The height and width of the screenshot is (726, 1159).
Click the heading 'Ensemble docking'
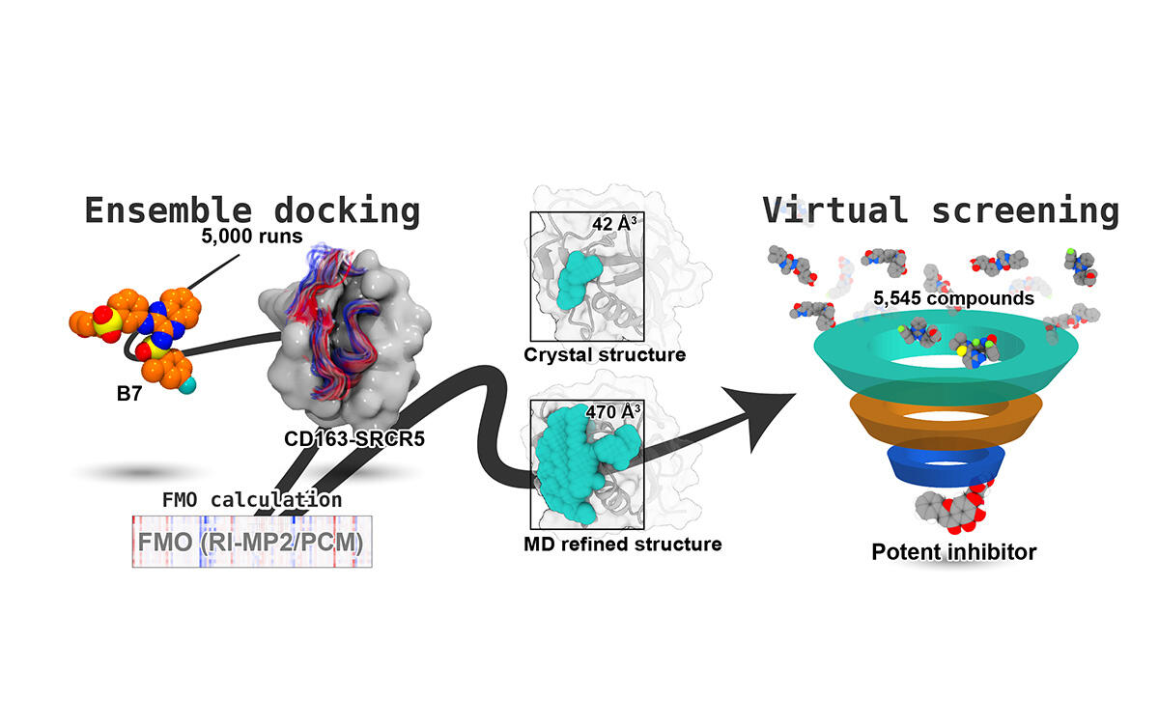pos(251,211)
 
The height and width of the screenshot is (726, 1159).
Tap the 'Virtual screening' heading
pos(940,209)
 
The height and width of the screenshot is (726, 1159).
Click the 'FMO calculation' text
pos(251,500)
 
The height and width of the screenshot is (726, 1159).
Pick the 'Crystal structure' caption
pos(605,354)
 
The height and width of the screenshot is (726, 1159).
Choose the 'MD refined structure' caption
pos(622,544)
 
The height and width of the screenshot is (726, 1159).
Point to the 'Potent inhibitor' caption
pos(953,552)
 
